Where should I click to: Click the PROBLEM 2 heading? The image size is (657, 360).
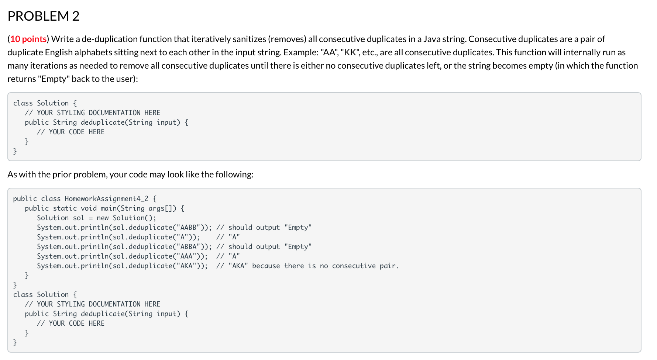44,16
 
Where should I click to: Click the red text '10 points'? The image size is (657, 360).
28,39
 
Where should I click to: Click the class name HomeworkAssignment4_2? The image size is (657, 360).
107,199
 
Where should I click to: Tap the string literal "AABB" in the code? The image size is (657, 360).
189,228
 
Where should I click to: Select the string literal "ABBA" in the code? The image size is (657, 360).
189,247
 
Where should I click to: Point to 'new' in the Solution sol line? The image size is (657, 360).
103,218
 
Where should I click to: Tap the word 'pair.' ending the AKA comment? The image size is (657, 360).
389,266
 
